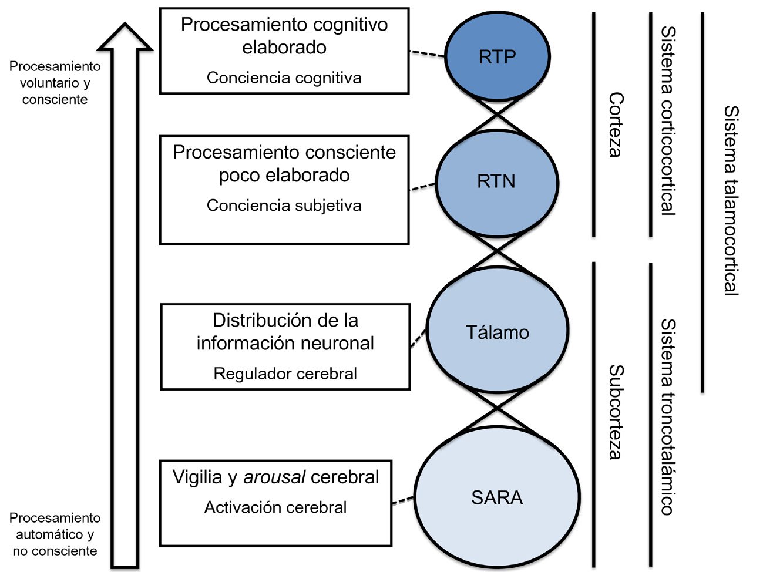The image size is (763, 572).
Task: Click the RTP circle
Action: coord(498,56)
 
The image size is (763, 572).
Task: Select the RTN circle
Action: coord(497,183)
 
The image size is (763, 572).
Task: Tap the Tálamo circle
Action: coord(498,330)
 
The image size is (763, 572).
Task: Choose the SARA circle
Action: coord(497,497)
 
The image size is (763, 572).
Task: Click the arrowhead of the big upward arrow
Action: coord(125,37)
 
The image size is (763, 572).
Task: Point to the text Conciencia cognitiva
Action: coord(284,78)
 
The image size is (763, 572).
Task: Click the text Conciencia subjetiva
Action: coord(284,206)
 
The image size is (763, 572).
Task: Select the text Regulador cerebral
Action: coord(285,374)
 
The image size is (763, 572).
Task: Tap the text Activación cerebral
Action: coord(275,507)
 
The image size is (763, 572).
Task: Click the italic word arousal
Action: coord(275,477)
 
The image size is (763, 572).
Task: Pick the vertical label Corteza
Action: coord(616,125)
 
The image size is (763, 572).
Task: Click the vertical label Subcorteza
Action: coord(616,412)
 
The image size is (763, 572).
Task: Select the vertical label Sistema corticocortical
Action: coord(668,120)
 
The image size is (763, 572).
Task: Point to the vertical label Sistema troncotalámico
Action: coord(668,416)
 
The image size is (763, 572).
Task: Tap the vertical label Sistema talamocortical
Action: coord(731,201)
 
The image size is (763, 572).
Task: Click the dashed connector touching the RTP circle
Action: coord(427,53)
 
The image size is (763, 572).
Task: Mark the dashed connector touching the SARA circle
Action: coord(403,500)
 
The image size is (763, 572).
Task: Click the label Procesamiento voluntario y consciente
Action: coord(55,83)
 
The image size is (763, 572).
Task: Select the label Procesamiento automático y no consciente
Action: coord(55,534)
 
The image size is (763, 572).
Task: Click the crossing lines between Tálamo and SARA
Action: coord(498,409)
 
